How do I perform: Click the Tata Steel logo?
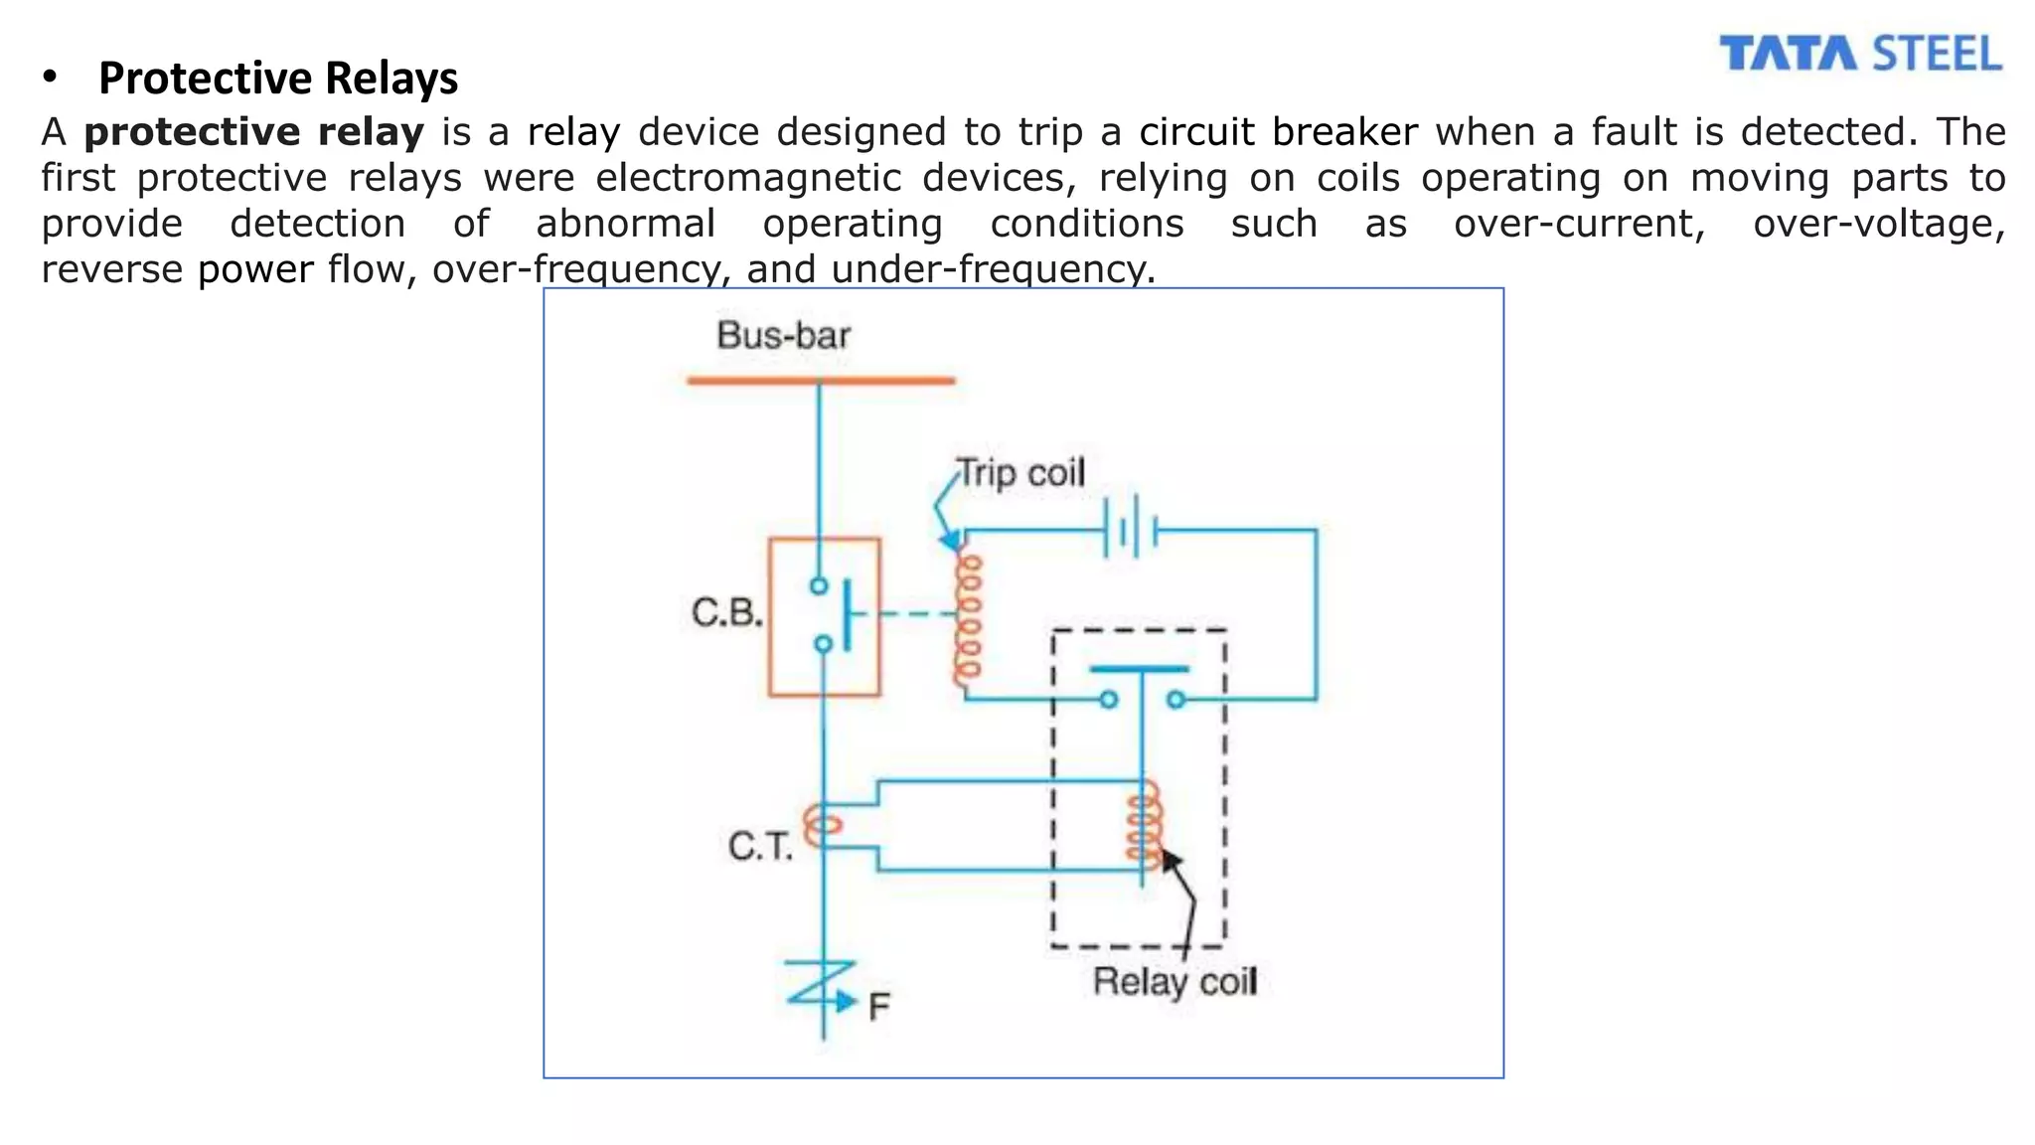[x=1860, y=54]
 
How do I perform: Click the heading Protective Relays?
[x=278, y=79]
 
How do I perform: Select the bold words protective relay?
[x=253, y=132]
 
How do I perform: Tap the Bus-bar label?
[x=783, y=336]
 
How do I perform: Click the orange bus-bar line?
[x=821, y=381]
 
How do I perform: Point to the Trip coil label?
[x=1020, y=473]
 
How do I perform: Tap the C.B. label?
[x=726, y=613]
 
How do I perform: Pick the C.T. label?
[x=760, y=847]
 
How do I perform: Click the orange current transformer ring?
[x=823, y=825]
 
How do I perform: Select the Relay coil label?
[x=1174, y=982]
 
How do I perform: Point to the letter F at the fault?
[x=878, y=1008]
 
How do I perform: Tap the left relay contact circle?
[x=1108, y=700]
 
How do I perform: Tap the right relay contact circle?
[x=1176, y=700]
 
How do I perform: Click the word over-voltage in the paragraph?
[x=1878, y=224]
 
